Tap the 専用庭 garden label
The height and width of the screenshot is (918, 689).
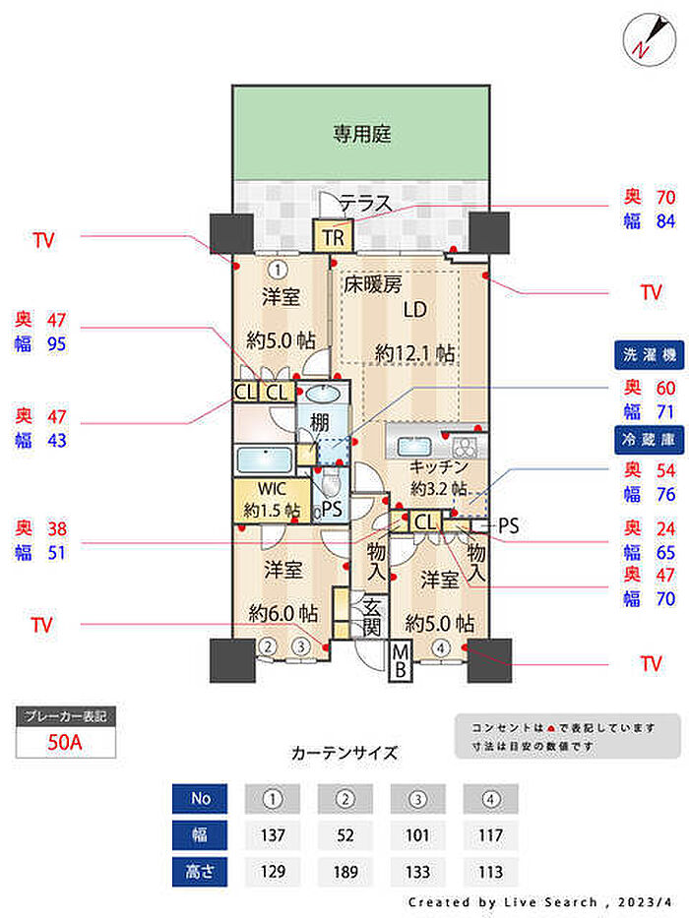361,134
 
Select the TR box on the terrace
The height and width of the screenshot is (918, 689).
332,237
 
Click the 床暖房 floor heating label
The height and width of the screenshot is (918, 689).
373,285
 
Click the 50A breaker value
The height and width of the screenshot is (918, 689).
66,742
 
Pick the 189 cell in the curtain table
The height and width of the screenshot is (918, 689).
344,871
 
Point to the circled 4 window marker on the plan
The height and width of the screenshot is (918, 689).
441,646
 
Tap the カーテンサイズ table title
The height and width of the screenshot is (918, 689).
344,754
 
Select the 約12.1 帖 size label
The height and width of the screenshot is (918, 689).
414,352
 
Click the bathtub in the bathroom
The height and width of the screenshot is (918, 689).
265,460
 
